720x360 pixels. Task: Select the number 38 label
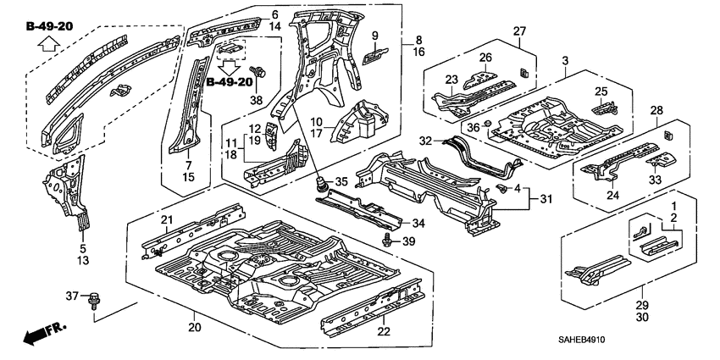(x=257, y=98)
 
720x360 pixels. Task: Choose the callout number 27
(x=518, y=31)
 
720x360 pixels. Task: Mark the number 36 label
(x=474, y=127)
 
